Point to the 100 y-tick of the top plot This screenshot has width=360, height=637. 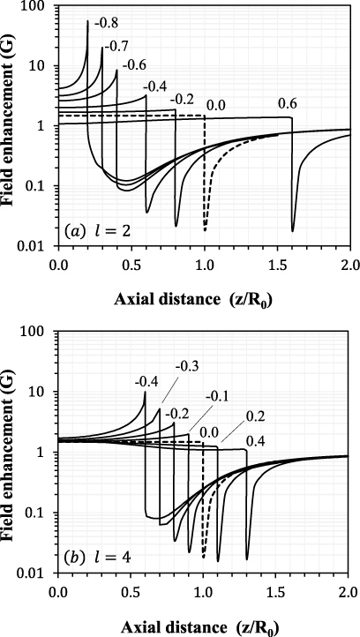pyautogui.click(x=38, y=6)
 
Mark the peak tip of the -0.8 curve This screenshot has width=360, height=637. pyautogui.click(x=88, y=20)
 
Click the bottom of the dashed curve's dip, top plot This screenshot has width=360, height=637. pyautogui.click(x=205, y=230)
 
